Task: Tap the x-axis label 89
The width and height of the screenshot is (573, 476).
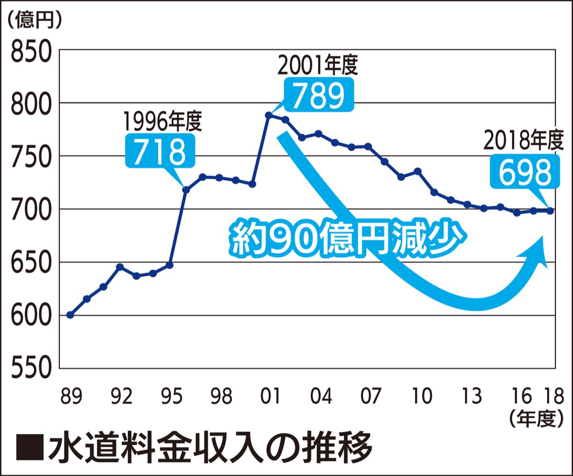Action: pos(71,395)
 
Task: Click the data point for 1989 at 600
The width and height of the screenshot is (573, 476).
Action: pos(70,315)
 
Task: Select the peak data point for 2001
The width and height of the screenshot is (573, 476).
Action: pos(268,115)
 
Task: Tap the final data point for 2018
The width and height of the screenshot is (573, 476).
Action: pos(550,211)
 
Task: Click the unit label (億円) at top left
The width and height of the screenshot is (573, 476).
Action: pos(34,20)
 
